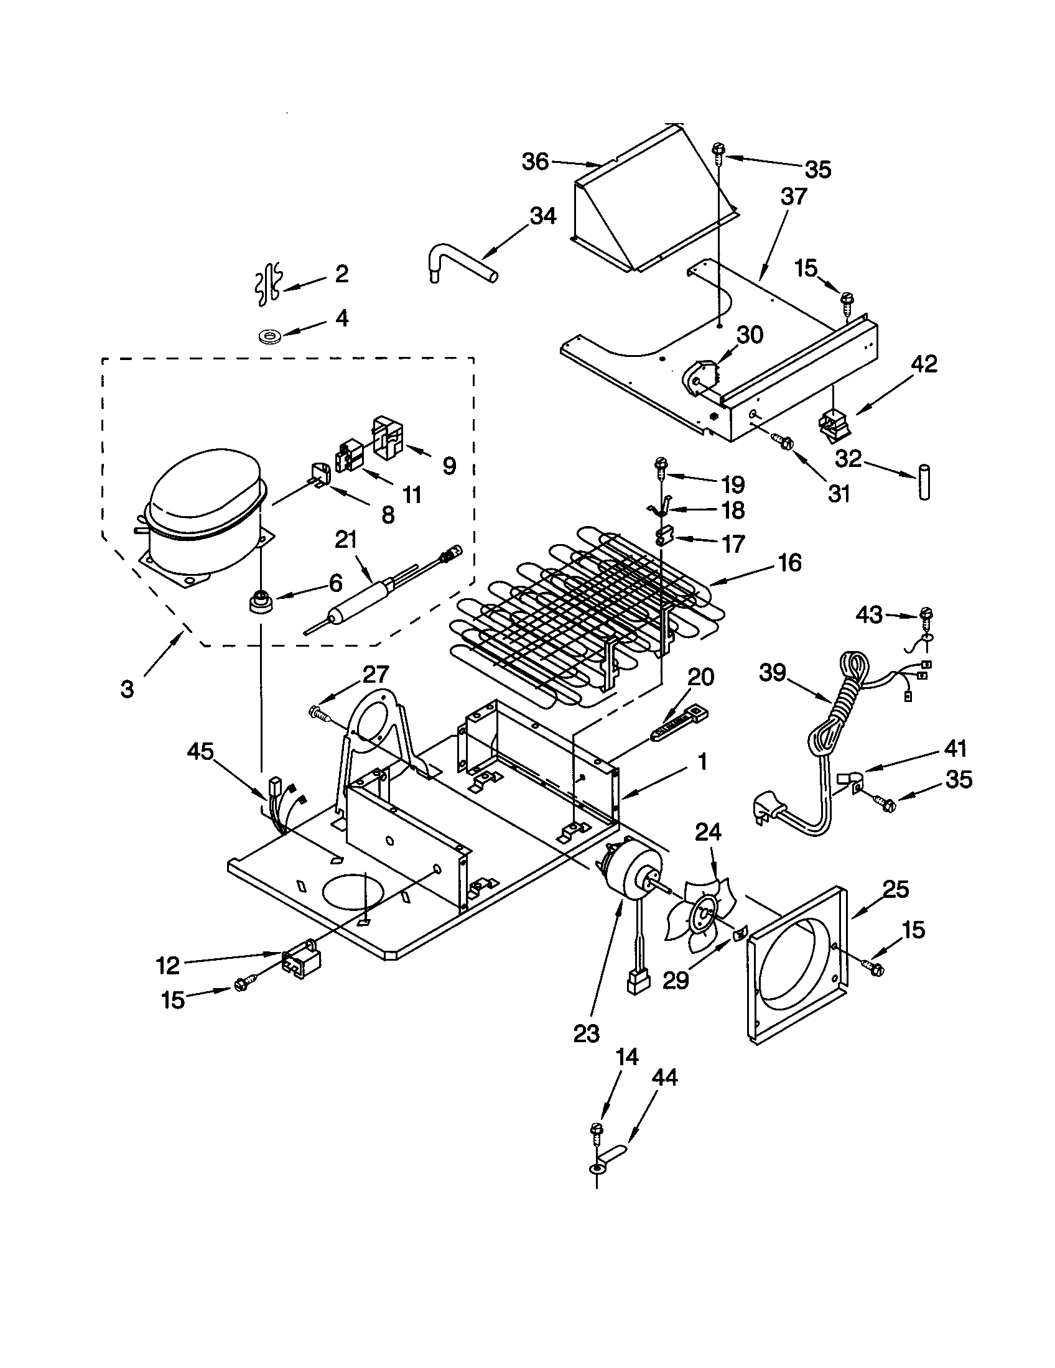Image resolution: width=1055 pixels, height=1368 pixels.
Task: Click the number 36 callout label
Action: coord(535,162)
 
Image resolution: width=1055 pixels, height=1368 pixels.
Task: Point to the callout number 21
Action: coord(345,539)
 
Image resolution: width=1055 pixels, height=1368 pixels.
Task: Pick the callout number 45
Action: coord(200,751)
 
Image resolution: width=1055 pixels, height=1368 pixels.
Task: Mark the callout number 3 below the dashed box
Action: coord(127,690)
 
